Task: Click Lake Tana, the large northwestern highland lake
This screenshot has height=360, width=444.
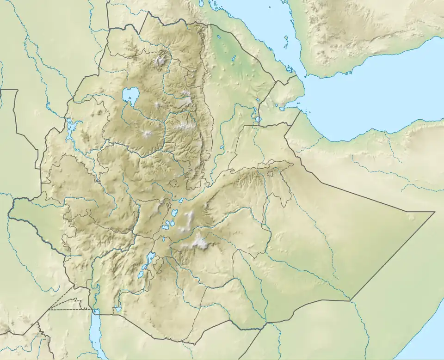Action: tap(130, 96)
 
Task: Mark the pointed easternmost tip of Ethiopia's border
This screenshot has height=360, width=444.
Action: tap(434, 212)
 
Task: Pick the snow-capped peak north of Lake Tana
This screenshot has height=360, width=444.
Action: tap(161, 60)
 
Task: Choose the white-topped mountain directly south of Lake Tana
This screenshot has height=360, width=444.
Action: tap(148, 134)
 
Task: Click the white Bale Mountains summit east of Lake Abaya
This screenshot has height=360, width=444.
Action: tap(200, 241)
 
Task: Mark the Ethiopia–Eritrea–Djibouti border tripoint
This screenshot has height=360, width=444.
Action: tap(276, 84)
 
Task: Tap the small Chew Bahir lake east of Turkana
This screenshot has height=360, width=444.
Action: tap(118, 309)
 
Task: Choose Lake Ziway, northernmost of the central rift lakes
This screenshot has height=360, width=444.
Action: tap(175, 214)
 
